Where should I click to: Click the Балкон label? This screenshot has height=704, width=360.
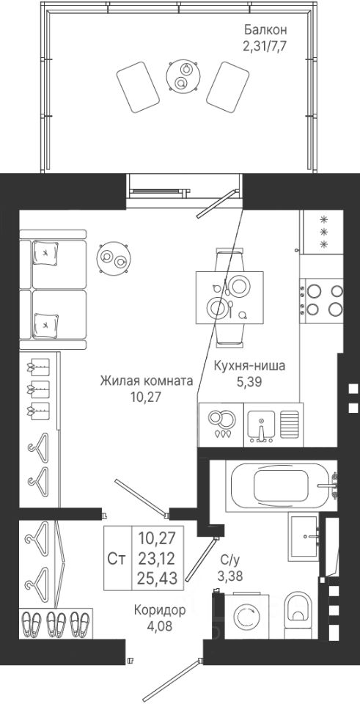pos(265,30)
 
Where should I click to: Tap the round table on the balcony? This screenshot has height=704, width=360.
pos(183,76)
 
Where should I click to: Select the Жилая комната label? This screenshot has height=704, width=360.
pos(147,381)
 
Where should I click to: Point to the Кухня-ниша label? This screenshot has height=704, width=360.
pos(249,366)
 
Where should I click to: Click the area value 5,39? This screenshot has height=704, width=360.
pos(249,382)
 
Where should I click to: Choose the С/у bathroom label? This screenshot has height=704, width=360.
pos(232,560)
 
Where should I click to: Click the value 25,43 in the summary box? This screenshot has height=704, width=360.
pos(157,577)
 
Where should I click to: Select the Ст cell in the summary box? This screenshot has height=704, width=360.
pos(117,558)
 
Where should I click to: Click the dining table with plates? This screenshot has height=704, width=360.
pos(229,297)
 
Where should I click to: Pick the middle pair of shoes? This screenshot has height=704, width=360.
pos(56,624)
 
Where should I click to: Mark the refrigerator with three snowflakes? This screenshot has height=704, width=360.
pos(323,232)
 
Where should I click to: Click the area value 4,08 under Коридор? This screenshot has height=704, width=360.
pos(160,626)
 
